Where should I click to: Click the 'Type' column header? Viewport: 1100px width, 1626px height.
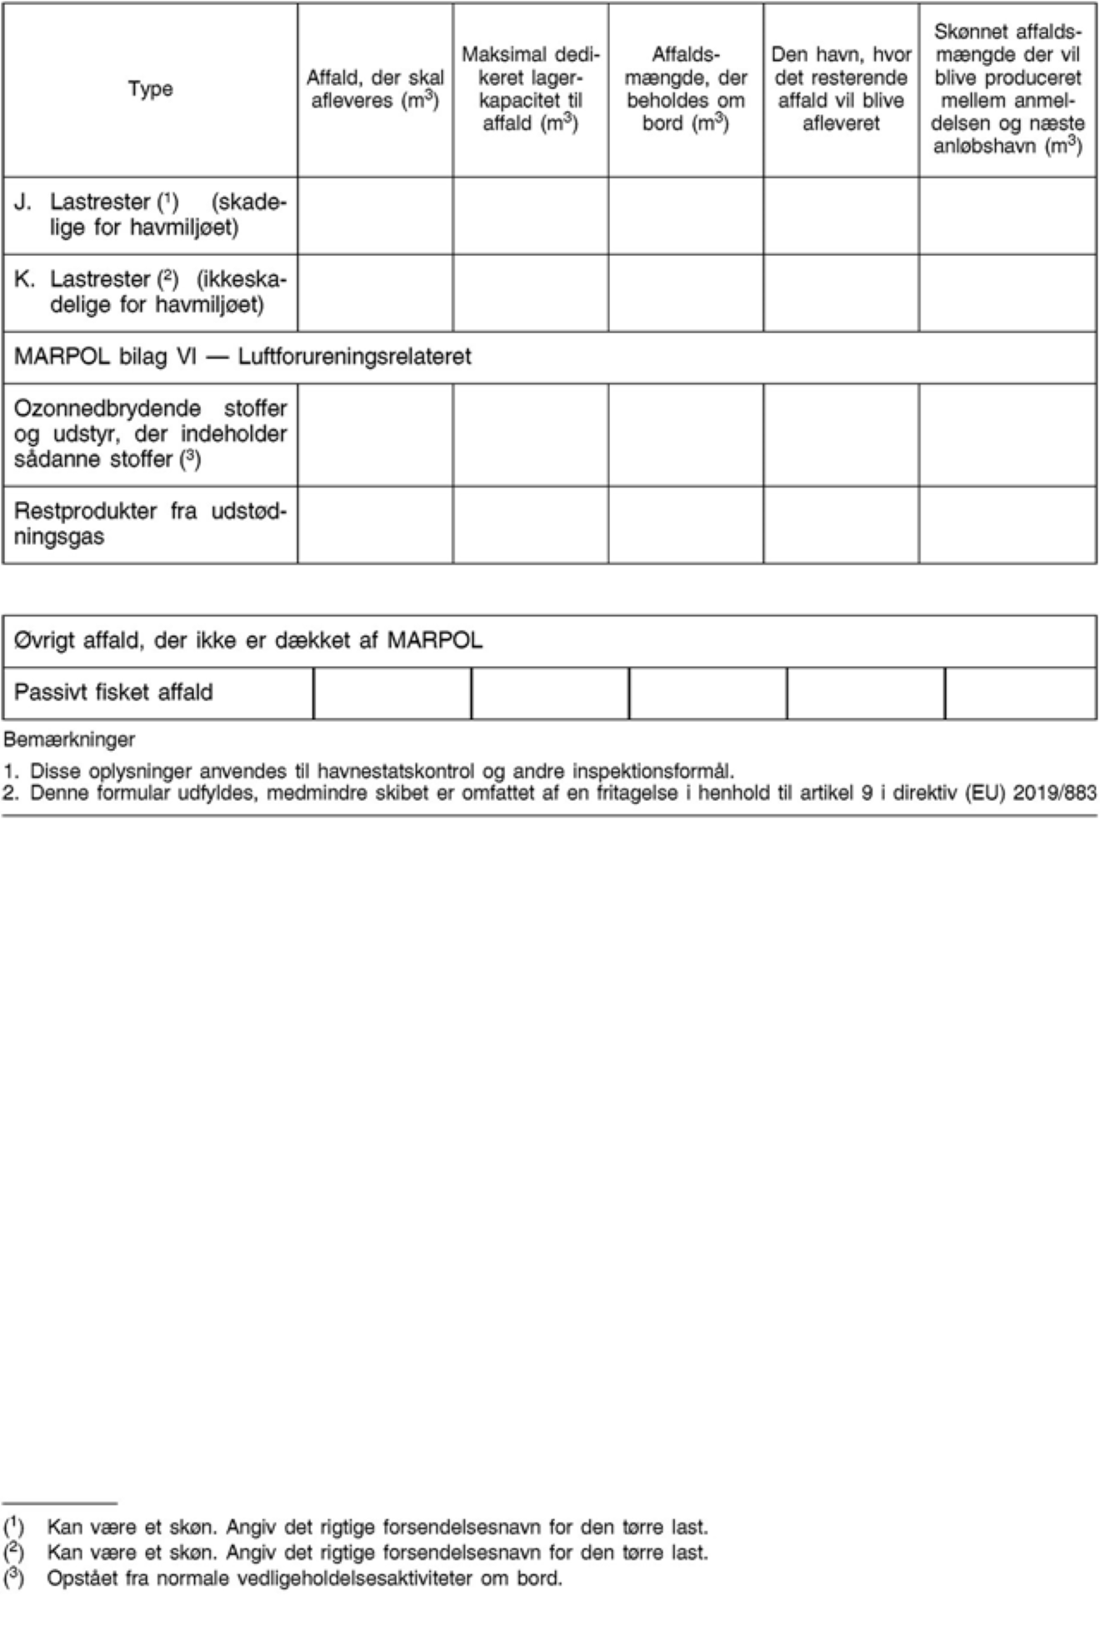(x=150, y=89)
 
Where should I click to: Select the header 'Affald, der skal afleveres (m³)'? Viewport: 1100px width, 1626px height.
(x=375, y=89)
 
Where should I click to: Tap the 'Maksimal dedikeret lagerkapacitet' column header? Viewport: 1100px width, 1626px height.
(x=530, y=89)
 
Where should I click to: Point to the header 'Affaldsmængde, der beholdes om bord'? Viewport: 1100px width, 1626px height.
(x=686, y=89)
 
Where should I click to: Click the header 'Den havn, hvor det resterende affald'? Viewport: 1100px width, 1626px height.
(x=841, y=89)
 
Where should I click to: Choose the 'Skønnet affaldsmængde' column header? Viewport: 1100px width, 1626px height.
(x=1007, y=89)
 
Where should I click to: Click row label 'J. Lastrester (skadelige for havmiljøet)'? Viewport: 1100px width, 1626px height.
(x=150, y=215)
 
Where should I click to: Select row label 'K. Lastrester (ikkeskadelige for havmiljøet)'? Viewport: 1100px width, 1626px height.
(x=150, y=292)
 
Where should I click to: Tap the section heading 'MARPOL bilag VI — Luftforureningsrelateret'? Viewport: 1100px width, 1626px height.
(x=242, y=357)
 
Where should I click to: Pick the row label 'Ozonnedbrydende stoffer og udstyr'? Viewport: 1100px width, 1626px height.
(x=150, y=433)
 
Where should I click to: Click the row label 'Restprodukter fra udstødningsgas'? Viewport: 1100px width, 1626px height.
(x=150, y=523)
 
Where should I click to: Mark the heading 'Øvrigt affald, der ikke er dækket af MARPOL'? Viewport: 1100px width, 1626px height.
(x=248, y=640)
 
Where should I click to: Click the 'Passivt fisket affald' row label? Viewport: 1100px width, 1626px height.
(x=113, y=692)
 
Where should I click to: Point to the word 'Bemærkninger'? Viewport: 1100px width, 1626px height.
(x=69, y=739)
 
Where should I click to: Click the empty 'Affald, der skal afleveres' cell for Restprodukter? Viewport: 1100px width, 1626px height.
(x=375, y=524)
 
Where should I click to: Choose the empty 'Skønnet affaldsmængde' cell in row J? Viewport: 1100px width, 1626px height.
(x=1007, y=215)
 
